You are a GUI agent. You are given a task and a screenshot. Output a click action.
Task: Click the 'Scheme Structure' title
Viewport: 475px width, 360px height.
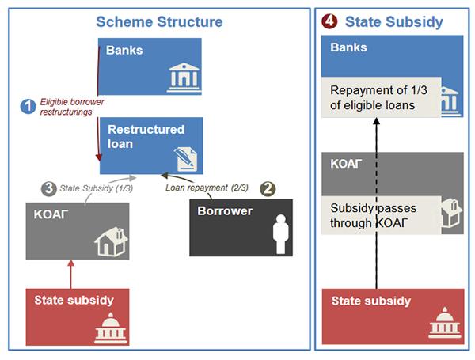[159, 22]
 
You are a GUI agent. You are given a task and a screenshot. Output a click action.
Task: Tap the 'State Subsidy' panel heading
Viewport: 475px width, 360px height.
[394, 22]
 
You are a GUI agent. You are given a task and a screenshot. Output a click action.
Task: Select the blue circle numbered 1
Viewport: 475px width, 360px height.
[28, 106]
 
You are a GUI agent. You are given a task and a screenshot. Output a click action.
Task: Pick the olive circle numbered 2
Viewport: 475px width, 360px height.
[268, 188]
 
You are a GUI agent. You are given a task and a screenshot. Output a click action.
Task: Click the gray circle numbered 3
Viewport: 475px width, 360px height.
[49, 188]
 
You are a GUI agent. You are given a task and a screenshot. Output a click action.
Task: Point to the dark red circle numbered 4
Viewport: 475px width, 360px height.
[329, 21]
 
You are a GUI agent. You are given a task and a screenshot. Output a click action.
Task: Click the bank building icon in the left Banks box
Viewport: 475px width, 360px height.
[184, 78]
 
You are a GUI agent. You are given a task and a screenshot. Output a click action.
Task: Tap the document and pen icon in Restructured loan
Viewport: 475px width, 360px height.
[185, 159]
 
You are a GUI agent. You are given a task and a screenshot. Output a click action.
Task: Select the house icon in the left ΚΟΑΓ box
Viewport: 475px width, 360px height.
[111, 241]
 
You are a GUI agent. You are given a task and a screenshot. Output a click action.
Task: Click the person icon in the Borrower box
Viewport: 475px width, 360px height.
[281, 234]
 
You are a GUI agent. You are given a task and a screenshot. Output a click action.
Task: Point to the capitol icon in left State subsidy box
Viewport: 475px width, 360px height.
[110, 328]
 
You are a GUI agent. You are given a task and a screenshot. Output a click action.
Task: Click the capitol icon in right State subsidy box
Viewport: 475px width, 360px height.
[445, 323]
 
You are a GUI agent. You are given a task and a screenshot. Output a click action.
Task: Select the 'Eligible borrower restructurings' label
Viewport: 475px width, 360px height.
[72, 107]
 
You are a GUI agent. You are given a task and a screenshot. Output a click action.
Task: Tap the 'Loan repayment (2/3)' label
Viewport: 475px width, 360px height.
[207, 188]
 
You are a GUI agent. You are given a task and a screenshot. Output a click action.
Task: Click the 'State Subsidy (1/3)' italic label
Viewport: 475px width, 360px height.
[97, 188]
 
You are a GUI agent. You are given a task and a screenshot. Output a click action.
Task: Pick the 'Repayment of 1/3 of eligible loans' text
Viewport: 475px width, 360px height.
[378, 97]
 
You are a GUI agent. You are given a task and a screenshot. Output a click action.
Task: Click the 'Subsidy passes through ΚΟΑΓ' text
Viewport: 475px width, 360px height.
[373, 215]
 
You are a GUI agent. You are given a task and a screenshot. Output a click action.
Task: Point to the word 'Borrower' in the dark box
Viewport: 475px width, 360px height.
[225, 211]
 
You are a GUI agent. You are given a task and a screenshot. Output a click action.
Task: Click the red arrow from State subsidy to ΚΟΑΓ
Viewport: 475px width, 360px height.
[71, 274]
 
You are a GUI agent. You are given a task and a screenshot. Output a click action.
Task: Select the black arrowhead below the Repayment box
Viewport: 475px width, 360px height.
[377, 121]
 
